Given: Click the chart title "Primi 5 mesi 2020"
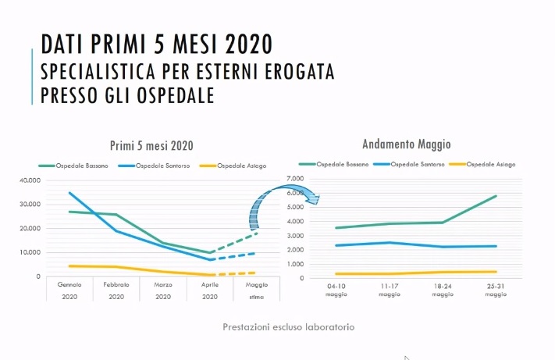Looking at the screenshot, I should (x=152, y=145).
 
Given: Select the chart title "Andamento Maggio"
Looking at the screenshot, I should (x=407, y=144).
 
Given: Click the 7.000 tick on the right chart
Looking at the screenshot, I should (x=293, y=179).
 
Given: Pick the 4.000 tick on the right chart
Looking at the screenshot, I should (x=293, y=221).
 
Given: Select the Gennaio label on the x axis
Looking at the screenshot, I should (x=69, y=284).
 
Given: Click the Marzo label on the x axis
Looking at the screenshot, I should (x=163, y=284).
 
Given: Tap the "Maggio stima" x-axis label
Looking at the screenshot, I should (x=257, y=290).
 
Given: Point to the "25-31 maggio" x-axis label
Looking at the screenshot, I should (x=496, y=290).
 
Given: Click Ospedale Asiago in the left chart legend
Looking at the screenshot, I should (x=241, y=165).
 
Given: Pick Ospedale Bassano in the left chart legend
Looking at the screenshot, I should (x=84, y=165).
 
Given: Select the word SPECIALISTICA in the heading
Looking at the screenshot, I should (x=101, y=72).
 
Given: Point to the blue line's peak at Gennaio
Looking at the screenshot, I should (x=69, y=192).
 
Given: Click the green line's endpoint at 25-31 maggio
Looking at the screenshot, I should (x=496, y=196).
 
